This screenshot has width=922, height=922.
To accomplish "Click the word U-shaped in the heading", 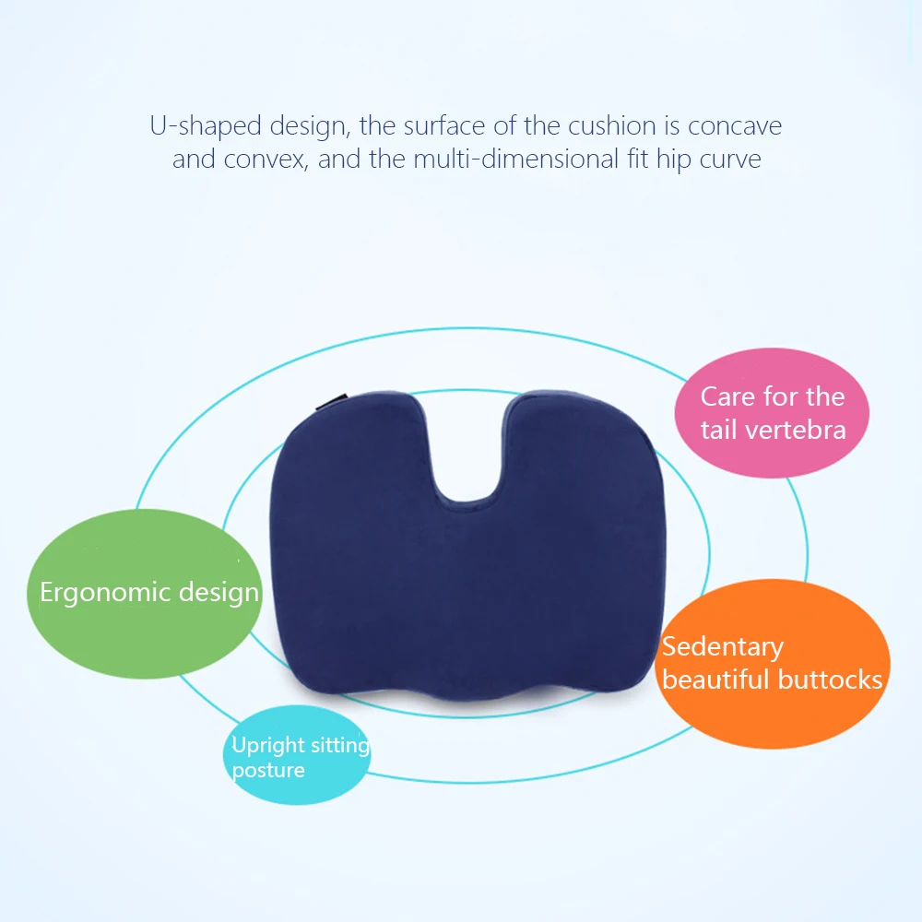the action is click(x=206, y=126).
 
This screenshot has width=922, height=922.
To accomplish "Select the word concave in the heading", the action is click(x=735, y=126).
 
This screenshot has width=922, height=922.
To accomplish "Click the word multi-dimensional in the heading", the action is click(x=515, y=159).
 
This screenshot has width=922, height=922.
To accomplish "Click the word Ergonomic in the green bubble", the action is click(x=105, y=593).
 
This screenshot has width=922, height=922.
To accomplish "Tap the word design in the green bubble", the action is click(x=219, y=593).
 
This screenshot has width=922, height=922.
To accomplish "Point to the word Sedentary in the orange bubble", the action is click(x=723, y=647).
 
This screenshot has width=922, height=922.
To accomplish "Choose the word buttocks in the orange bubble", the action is click(x=831, y=680).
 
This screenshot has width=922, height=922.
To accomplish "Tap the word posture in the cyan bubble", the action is click(x=268, y=770).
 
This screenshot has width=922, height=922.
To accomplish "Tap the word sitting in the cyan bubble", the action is click(x=340, y=746).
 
